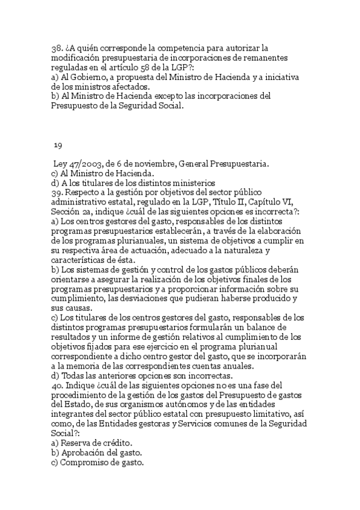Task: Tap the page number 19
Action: (58, 145)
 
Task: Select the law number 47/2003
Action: (84, 164)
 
